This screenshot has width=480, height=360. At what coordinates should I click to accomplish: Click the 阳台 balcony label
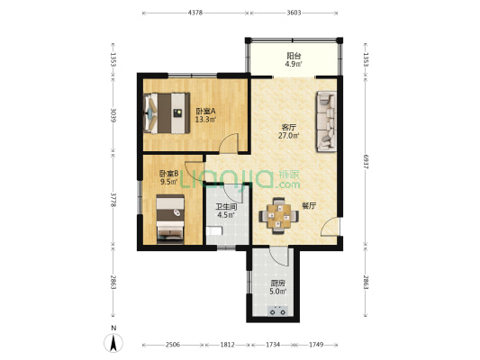[x=294, y=56]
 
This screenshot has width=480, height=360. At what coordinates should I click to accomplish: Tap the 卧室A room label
[x=206, y=111]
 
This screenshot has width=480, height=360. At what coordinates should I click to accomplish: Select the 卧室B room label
[x=168, y=174]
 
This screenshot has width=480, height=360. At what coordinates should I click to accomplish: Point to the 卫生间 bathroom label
[x=226, y=206]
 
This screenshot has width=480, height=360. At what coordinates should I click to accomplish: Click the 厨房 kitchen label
[x=277, y=283]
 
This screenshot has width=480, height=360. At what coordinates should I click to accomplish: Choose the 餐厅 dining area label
[x=309, y=206]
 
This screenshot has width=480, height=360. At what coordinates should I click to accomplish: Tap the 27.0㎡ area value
[x=288, y=136]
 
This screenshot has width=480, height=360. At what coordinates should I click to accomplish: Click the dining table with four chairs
[x=278, y=216]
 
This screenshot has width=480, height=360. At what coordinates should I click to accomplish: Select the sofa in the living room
[x=326, y=121]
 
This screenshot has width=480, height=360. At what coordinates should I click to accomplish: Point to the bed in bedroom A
[x=167, y=113]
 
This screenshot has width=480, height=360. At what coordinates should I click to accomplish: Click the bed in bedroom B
[x=170, y=219]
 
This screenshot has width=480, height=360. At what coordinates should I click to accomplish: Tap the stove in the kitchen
[x=277, y=310]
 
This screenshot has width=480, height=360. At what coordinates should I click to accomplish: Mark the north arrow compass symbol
[x=113, y=343]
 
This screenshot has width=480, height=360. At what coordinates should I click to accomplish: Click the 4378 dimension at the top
[x=195, y=13]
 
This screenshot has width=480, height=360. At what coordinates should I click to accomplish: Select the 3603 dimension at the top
[x=294, y=13]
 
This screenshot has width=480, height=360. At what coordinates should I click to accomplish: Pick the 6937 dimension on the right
[x=366, y=161]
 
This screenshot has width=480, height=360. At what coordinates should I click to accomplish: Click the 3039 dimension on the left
[x=113, y=115]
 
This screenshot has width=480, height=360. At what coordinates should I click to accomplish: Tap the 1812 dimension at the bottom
[x=228, y=345]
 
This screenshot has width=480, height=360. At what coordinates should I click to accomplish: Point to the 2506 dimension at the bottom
[x=173, y=345]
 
